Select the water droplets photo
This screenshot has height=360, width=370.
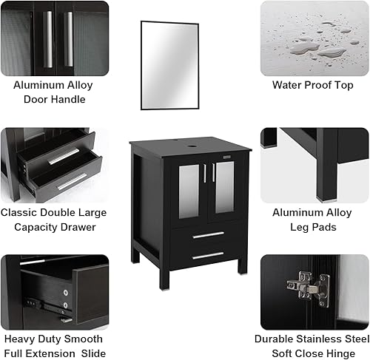pos(314,36)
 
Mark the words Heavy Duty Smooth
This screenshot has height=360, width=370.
pos(53,339)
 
